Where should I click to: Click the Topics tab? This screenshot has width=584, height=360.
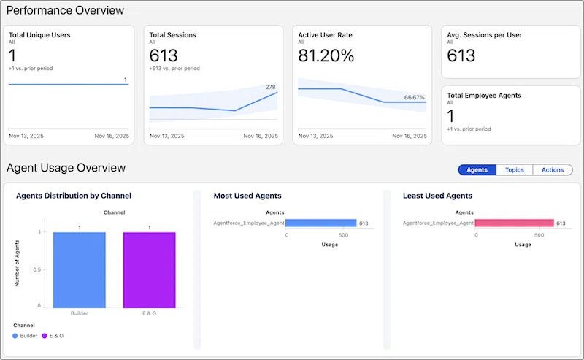pyautogui.click(x=515, y=170)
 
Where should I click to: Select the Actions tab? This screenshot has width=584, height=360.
pyautogui.click(x=553, y=170)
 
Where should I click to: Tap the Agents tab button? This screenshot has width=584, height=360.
pyautogui.click(x=477, y=170)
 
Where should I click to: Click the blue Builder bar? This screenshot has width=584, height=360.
pyautogui.click(x=80, y=270)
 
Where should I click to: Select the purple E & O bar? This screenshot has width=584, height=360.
pyautogui.click(x=150, y=270)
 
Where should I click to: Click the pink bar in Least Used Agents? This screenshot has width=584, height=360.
pyautogui.click(x=515, y=223)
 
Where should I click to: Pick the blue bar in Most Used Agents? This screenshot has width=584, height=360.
pyautogui.click(x=321, y=223)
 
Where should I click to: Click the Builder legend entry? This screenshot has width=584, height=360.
pyautogui.click(x=25, y=336)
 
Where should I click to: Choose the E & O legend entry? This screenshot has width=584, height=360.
pyautogui.click(x=53, y=336)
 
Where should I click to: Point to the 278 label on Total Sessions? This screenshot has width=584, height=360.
pyautogui.click(x=270, y=87)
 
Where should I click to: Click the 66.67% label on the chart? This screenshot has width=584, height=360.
pyautogui.click(x=414, y=98)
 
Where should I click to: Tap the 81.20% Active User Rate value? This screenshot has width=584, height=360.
pyautogui.click(x=326, y=55)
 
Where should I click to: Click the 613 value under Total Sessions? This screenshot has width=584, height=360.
pyautogui.click(x=164, y=55)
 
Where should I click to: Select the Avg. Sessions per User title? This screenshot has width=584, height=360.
pyautogui.click(x=484, y=35)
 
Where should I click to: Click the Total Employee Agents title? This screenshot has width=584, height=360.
pyautogui.click(x=484, y=96)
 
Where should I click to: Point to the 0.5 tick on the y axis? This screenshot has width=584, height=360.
pyautogui.click(x=37, y=269)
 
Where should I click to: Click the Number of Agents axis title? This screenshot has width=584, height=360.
pyautogui.click(x=17, y=263)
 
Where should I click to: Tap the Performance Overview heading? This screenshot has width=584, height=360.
pyautogui.click(x=65, y=10)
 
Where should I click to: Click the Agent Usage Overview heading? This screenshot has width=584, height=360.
pyautogui.click(x=66, y=168)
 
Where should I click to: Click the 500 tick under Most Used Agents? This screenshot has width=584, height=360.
pyautogui.click(x=343, y=235)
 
